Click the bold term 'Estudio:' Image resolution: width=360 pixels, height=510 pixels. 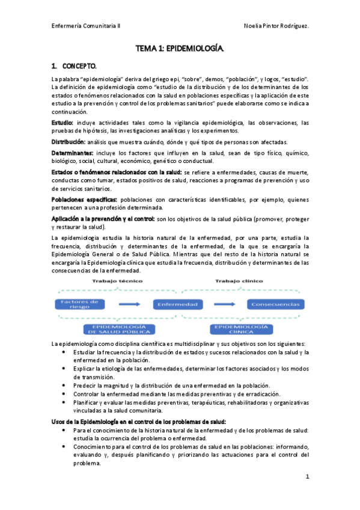62,123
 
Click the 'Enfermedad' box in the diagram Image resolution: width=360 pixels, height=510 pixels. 178,304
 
